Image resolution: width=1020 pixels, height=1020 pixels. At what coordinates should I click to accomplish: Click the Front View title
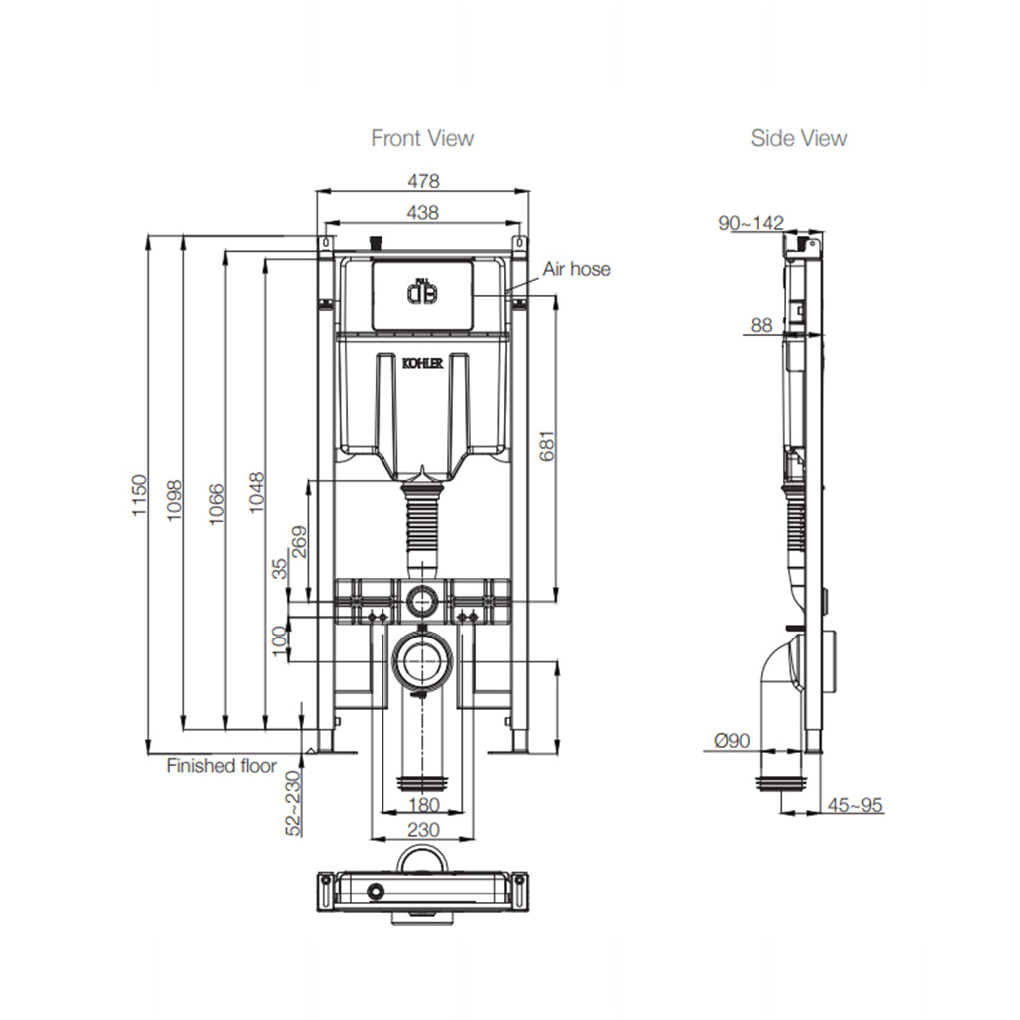(422, 138)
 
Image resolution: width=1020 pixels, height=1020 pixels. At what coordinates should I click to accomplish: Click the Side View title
(799, 138)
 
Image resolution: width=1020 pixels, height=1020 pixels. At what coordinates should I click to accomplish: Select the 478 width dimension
(422, 181)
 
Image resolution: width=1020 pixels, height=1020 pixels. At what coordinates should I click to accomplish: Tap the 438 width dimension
(422, 212)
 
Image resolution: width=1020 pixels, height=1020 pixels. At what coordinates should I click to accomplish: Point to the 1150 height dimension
(139, 495)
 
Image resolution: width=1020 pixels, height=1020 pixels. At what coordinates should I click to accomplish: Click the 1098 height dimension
(176, 495)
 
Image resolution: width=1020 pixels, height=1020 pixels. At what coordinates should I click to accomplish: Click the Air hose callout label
(576, 269)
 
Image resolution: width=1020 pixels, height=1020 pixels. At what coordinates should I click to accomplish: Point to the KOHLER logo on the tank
(423, 364)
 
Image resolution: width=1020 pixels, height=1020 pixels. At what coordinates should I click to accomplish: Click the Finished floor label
(221, 766)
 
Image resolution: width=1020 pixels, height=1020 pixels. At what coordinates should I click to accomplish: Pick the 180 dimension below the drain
(423, 804)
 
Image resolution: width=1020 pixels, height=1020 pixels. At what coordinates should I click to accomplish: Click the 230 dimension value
(423, 829)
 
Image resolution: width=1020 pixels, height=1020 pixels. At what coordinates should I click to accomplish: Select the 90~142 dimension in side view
(752, 223)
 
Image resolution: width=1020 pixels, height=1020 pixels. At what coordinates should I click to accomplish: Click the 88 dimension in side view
(762, 324)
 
